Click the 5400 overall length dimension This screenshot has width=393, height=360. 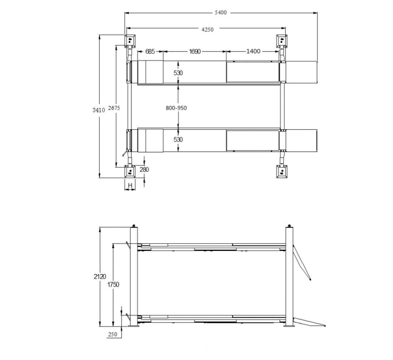[220, 12]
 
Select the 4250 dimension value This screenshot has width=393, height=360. [208, 30]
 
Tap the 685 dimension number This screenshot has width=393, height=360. [150, 51]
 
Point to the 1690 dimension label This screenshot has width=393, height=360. [195, 51]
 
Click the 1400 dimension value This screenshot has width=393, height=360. [253, 51]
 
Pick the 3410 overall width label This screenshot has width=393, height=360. [99, 110]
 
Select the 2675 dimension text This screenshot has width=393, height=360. [114, 108]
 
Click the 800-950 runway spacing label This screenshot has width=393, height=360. [176, 108]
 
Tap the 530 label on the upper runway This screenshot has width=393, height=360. [178, 73]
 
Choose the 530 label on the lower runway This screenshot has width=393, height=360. [178, 140]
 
